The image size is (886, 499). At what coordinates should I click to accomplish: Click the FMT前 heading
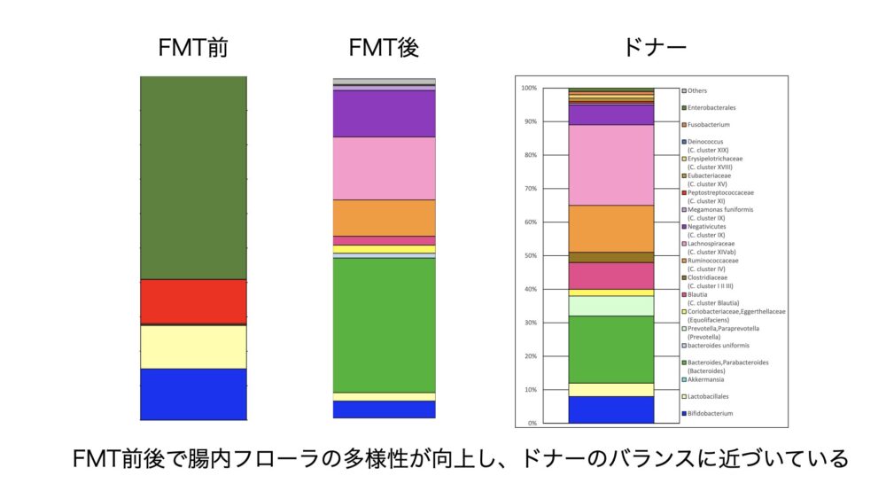point(193,48)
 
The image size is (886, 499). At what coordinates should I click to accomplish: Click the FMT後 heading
point(384,48)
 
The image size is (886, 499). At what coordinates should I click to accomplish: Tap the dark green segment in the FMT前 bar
point(193,177)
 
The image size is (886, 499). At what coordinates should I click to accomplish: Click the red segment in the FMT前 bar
point(193,301)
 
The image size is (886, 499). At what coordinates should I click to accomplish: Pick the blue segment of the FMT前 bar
point(193,394)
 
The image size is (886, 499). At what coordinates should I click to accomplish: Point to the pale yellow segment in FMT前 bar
point(193,347)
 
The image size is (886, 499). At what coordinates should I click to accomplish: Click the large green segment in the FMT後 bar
point(384,324)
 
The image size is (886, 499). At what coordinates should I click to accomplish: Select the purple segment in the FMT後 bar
point(384,113)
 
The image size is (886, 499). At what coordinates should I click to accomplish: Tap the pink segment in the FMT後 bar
point(384,168)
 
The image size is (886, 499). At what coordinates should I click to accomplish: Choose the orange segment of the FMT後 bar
point(384,217)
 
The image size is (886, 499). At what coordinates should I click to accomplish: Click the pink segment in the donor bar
point(610,165)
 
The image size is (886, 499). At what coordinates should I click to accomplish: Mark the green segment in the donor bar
point(610,349)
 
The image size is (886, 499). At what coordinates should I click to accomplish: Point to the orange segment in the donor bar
point(610,229)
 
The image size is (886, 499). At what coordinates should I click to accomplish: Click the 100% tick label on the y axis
point(529,89)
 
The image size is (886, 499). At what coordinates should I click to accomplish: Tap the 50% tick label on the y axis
point(530,256)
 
